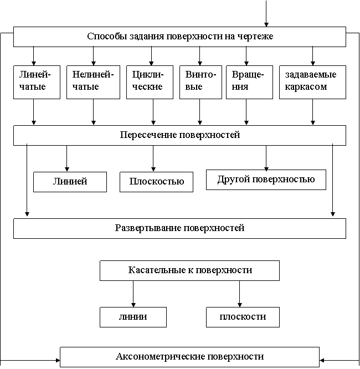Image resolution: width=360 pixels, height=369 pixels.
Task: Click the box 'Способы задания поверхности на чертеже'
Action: [x=179, y=37]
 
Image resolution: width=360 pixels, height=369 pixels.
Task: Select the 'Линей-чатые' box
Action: [x=37, y=82]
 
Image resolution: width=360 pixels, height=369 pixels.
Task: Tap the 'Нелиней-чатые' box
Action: [x=93, y=82]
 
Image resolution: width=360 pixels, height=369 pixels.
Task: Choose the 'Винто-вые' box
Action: [x=200, y=82]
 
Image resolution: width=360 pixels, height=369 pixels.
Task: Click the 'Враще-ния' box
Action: [x=249, y=82]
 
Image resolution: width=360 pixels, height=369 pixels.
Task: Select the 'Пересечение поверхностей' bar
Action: [x=179, y=135]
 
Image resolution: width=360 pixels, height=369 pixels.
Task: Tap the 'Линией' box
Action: [x=70, y=182]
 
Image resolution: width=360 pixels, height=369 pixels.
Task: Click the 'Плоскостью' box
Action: [x=156, y=182]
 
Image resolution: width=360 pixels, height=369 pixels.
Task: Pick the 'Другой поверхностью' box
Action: [x=266, y=180]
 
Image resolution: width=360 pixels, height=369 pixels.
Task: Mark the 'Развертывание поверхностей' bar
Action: [x=179, y=228]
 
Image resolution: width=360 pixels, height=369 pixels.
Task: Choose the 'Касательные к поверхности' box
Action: [x=189, y=270]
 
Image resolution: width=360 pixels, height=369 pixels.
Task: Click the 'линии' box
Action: [x=133, y=317]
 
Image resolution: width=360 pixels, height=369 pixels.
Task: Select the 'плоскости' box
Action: [x=243, y=317]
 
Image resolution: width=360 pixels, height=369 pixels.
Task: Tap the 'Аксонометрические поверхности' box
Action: [x=189, y=356]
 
